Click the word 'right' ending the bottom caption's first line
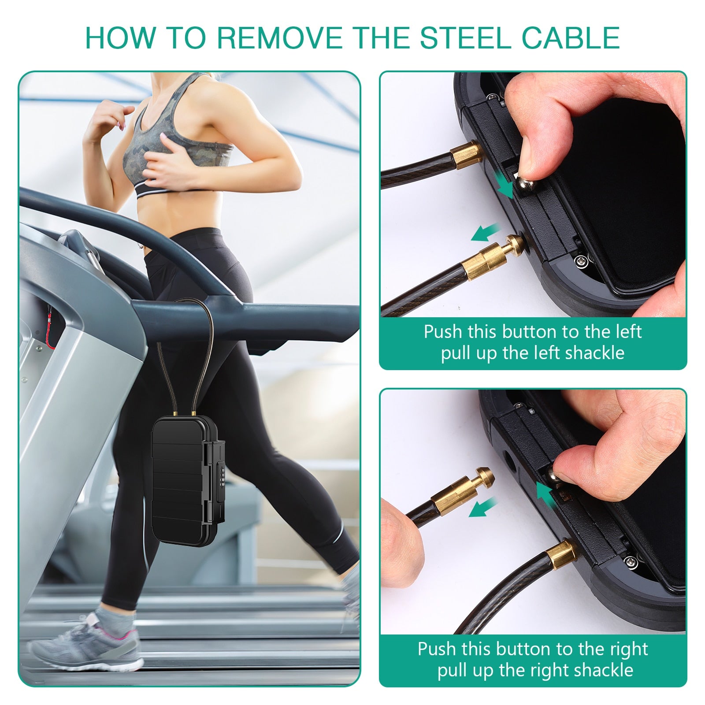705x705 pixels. coord(628,649)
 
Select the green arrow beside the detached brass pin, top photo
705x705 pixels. coord(486,232)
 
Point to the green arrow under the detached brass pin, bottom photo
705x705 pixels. coord(483,508)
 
